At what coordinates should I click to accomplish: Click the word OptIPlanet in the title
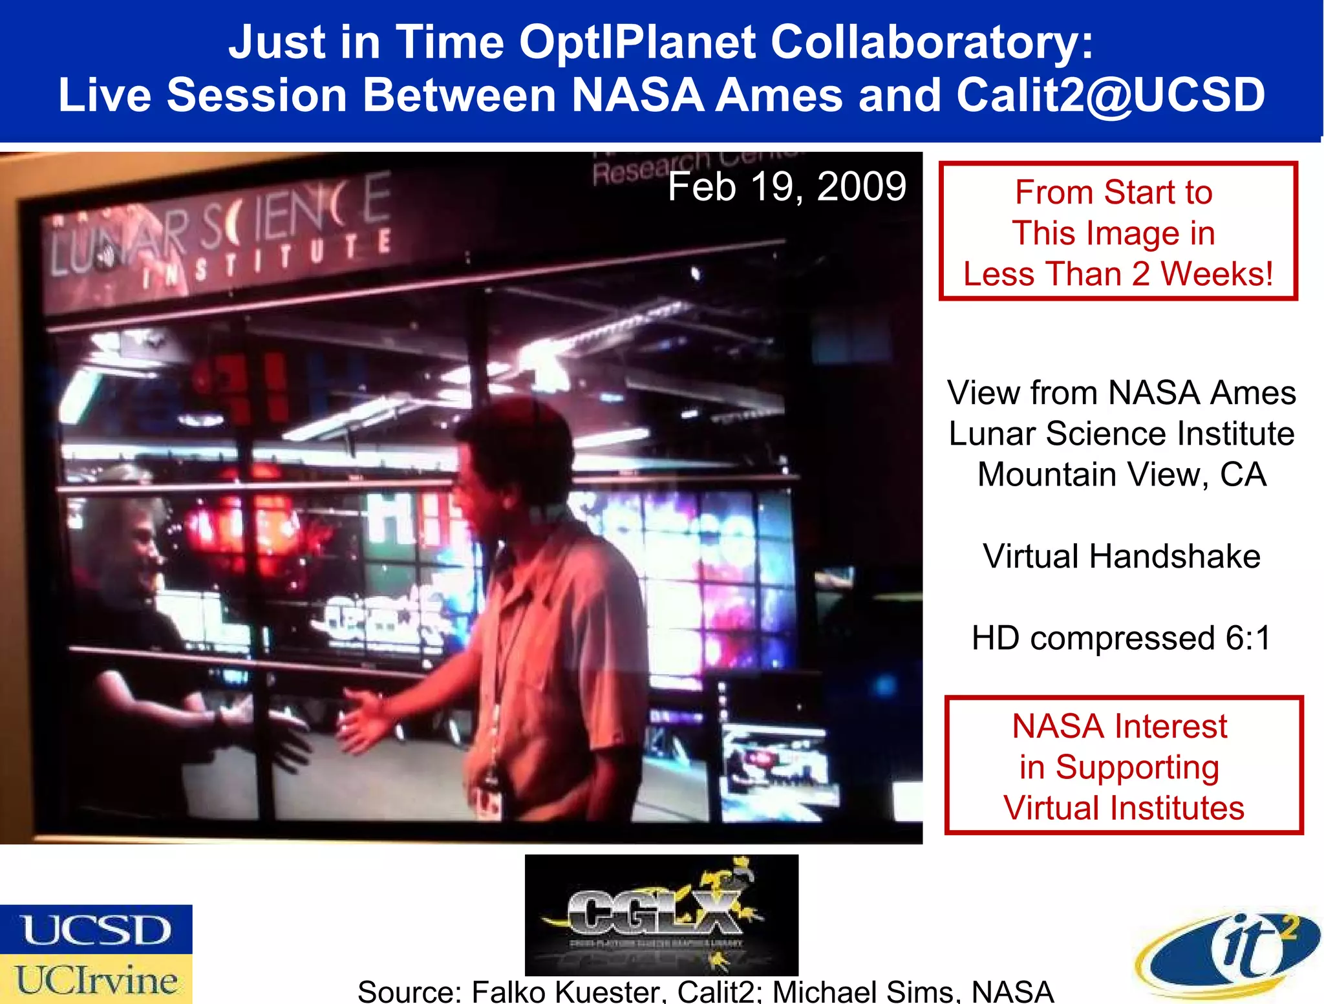coord(637,43)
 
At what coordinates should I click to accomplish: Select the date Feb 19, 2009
coord(786,187)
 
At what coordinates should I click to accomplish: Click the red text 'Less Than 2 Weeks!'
coord(1118,273)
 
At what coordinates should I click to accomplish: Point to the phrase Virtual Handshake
coord(1121,556)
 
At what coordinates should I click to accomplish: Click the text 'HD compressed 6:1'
coord(1121,638)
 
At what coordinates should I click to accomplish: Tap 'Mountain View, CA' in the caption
coord(1121,475)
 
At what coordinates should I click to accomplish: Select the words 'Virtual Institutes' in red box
coord(1124,808)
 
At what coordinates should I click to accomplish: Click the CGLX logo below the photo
coord(661,914)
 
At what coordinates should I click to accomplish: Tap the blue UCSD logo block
coord(96,930)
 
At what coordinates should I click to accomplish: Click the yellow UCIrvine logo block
coord(96,979)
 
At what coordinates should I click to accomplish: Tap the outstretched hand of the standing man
coord(365,721)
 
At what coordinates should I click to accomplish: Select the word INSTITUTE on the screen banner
coord(265,259)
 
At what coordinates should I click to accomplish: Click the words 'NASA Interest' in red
coord(1119,726)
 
